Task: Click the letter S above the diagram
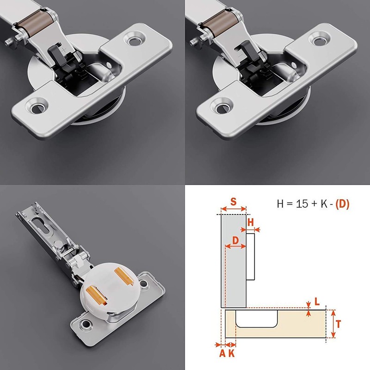(x=233, y=202)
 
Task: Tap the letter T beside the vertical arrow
(x=339, y=324)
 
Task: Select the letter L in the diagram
(x=317, y=301)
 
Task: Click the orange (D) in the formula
(x=342, y=203)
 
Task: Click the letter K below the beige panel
(x=231, y=354)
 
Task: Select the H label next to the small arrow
(x=251, y=222)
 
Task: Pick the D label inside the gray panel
(x=235, y=240)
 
